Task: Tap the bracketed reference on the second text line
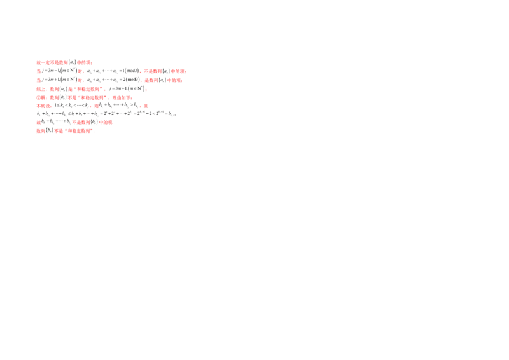click(x=165, y=71)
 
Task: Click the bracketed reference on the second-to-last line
click(x=94, y=121)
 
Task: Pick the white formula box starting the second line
click(x=59, y=71)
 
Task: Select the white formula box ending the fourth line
click(x=127, y=90)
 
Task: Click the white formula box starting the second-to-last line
click(x=55, y=121)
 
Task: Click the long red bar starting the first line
click(x=53, y=62)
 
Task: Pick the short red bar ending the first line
click(x=84, y=62)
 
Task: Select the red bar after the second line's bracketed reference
click(x=179, y=71)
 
